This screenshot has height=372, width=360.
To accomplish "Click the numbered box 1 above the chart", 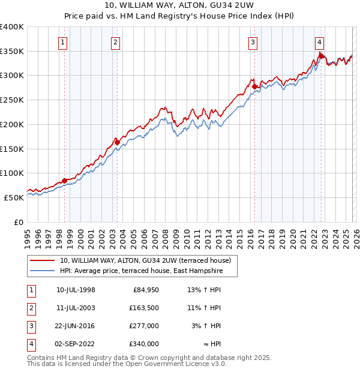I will click(x=63, y=42).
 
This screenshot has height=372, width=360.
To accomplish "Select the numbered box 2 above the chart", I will click(x=115, y=42).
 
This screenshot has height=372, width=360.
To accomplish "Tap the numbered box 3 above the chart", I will click(x=253, y=42).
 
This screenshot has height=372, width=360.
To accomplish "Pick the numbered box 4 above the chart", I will click(x=319, y=42).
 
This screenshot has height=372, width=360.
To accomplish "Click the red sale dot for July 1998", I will click(x=64, y=181).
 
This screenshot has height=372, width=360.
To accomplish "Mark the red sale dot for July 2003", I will click(x=116, y=142).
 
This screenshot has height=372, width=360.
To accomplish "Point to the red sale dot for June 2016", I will click(x=254, y=87).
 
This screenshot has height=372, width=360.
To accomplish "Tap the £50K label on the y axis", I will click(x=14, y=197).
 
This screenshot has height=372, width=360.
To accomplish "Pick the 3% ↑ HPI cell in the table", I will click(x=209, y=326).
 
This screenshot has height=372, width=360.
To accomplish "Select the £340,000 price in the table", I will click(x=144, y=344).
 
